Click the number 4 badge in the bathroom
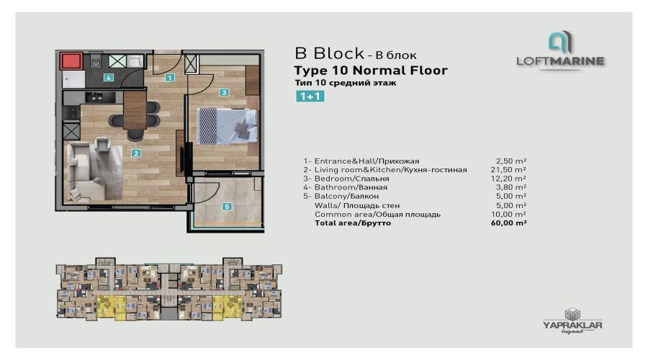108,77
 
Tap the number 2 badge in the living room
136,153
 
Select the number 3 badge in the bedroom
224,93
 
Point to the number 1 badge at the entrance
169,77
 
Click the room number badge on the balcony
227,206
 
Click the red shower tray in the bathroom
71,61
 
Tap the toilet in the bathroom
96,61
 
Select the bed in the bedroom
227,126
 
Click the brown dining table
135,110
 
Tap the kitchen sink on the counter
99,97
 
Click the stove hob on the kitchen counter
71,113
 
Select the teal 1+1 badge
310,96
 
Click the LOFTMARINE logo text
560,61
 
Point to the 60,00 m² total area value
509,222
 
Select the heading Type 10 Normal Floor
371,71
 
